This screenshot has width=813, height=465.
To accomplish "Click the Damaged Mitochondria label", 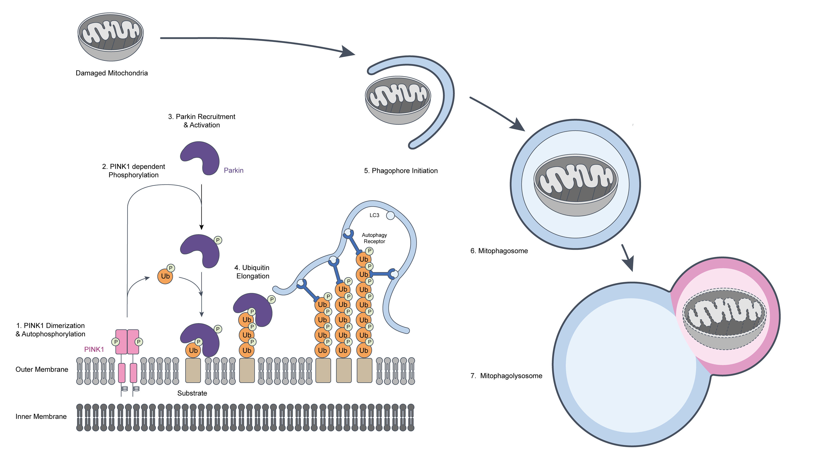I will tap(112, 73).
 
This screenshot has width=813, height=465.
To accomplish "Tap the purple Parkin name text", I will tap(233, 171).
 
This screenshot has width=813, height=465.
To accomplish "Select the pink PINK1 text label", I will tap(94, 349).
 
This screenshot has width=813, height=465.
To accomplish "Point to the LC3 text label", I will tap(374, 215).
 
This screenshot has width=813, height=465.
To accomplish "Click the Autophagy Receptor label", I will tap(374, 238).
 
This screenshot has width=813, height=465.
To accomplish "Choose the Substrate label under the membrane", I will tap(192, 393).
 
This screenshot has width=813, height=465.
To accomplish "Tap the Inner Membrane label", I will tap(41, 416).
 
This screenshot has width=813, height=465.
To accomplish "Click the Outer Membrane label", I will tap(42, 369).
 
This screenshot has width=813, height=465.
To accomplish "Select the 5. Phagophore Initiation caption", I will tap(401, 171).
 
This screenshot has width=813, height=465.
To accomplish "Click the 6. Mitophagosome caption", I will tap(499, 251).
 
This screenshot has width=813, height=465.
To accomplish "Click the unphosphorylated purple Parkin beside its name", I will tap(201, 158).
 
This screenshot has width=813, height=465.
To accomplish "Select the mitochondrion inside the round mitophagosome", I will tap(575, 185).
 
